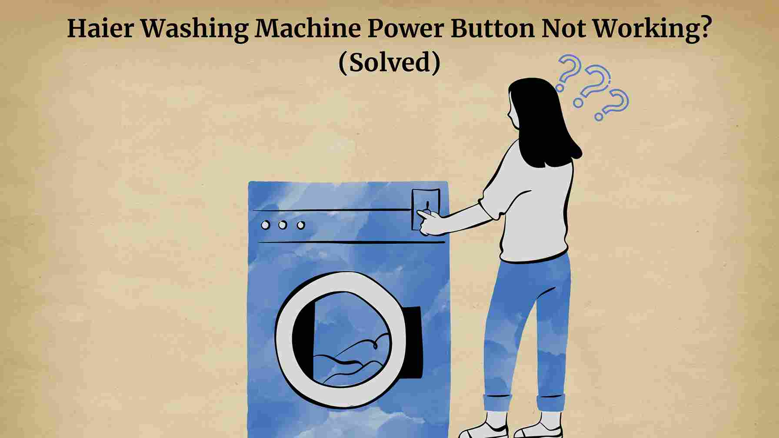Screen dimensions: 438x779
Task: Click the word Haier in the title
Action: [100, 29]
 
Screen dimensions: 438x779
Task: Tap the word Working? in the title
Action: [652, 29]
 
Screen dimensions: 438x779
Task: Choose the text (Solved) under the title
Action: [389, 63]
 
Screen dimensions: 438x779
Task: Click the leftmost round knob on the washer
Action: [265, 225]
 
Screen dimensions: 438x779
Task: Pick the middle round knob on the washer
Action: [283, 225]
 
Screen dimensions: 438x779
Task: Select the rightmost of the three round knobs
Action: [300, 225]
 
